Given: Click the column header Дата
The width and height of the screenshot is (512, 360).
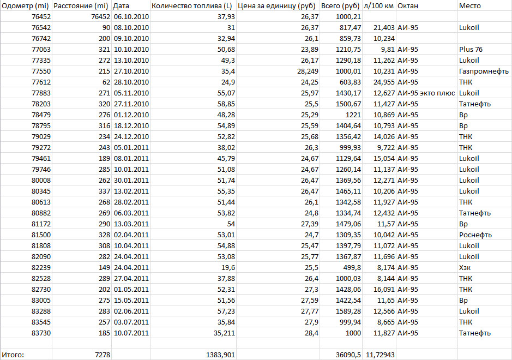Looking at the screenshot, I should [x=122, y=5].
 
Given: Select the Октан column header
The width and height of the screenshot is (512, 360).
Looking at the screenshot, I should [x=408, y=5].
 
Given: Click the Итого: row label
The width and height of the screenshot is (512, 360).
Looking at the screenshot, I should [x=14, y=355].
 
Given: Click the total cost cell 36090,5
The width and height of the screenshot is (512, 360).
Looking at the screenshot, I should [x=347, y=355].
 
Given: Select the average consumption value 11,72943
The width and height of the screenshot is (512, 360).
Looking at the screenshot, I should [x=378, y=355].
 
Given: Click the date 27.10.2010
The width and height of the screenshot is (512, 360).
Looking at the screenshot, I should [x=131, y=71].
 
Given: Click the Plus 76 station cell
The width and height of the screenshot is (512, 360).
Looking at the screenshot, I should [x=471, y=49].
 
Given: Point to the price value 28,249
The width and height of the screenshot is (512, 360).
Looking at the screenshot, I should [x=308, y=71].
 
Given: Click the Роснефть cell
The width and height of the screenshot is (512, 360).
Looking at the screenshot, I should [x=475, y=235].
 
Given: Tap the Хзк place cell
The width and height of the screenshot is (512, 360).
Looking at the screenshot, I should [x=465, y=267].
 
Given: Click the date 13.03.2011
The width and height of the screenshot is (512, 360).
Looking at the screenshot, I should [x=131, y=224].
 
